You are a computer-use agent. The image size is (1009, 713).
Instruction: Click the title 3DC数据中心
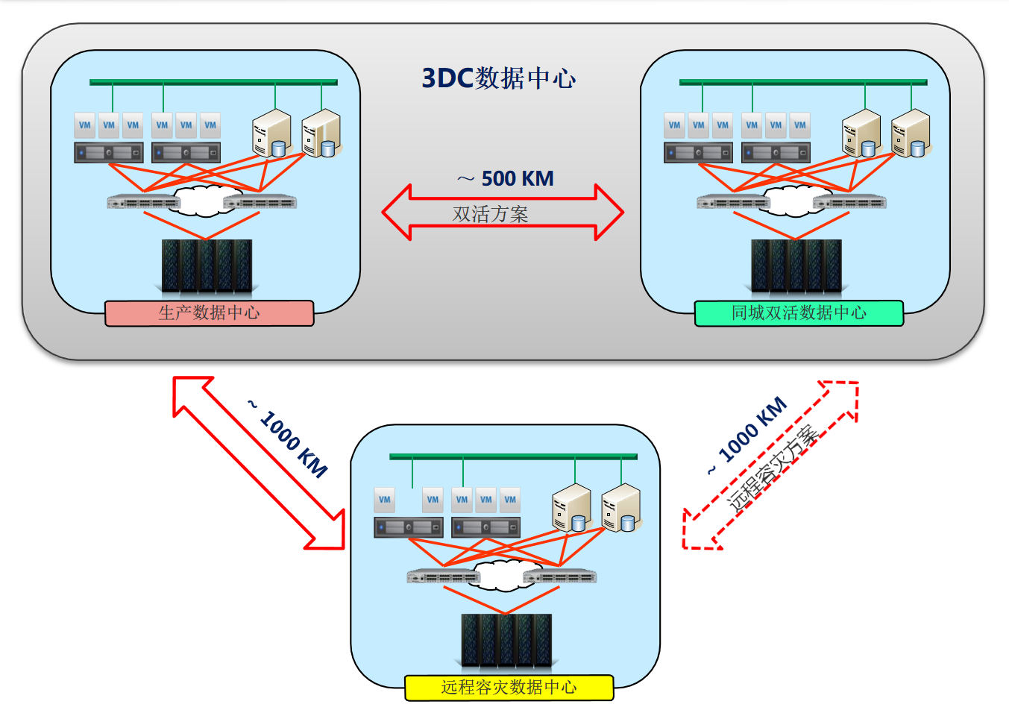pos(498,78)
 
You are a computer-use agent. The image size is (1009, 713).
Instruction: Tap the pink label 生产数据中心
pos(209,313)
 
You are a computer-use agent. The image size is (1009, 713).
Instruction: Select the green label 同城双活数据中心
pos(799,313)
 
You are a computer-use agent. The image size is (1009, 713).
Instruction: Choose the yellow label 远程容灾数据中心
pos(509,688)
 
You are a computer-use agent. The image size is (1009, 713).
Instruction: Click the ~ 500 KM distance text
pos(506,179)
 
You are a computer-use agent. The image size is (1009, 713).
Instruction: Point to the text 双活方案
pos(490,215)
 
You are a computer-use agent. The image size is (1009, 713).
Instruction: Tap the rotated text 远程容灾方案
pos(774,468)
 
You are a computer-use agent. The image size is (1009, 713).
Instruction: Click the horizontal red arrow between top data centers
pos(403,212)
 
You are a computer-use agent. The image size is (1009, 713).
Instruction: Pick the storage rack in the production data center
pos(207,266)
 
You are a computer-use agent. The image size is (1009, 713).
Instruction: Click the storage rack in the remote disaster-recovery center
pos(506,640)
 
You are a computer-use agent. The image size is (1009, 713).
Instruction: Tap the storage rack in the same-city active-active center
pos(796,266)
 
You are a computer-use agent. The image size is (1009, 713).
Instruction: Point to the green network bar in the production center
pos(213,82)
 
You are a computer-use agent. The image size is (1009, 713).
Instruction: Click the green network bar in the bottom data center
pos(513,456)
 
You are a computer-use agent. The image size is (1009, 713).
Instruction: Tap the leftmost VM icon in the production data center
pos(85,125)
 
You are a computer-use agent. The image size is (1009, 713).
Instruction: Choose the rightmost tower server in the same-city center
pos(911,134)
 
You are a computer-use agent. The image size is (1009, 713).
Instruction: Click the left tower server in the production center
pos(271,134)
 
